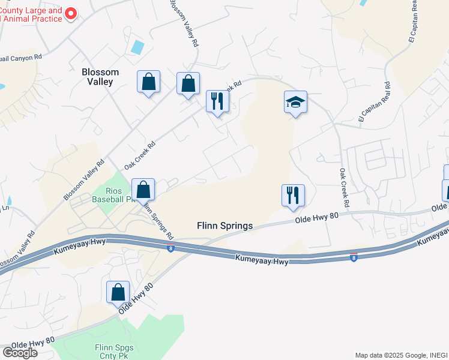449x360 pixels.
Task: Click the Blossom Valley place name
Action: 100,76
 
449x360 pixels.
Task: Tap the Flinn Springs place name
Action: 225,226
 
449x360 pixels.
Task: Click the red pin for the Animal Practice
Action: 71,13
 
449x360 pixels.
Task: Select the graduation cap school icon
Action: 295,103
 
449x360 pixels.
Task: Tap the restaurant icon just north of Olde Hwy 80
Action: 293,196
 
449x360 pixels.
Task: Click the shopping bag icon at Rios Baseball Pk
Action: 143,190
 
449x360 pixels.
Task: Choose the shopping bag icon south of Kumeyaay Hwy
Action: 118,292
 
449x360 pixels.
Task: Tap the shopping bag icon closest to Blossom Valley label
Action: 148,82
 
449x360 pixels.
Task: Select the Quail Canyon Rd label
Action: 21,57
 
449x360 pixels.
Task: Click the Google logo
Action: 19,352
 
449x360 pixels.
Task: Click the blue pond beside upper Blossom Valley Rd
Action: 138,47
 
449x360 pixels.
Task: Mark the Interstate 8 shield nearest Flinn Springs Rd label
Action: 171,248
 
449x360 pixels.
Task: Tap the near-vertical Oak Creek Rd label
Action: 343,181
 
